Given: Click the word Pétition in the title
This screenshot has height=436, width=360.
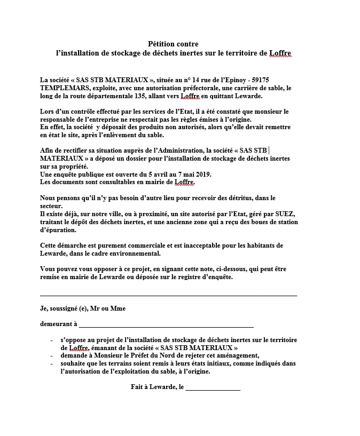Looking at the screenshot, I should point(161,44).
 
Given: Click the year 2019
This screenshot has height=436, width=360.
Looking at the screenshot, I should point(203,174).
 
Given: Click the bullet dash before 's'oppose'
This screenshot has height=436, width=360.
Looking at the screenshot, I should point(51,339).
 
